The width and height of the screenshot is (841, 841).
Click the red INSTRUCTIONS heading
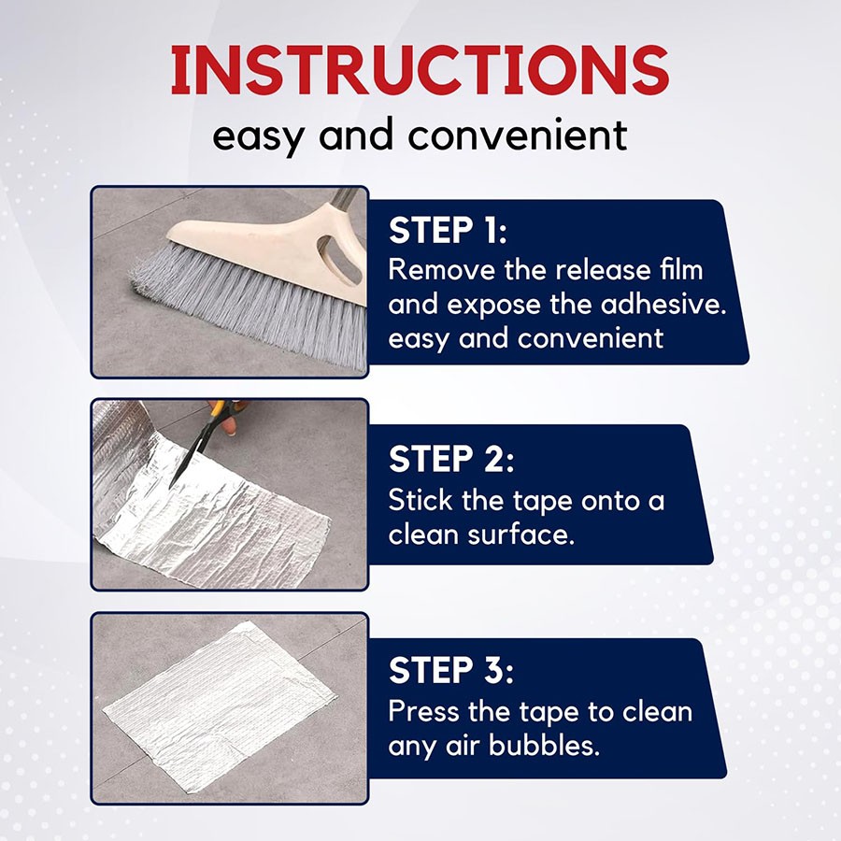(420, 71)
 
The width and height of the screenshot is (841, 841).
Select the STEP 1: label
(448, 230)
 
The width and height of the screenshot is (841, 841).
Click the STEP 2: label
(451, 459)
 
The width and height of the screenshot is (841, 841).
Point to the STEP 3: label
(451, 670)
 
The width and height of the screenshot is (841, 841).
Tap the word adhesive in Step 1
(663, 304)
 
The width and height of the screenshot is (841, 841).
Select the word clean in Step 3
(657, 711)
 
